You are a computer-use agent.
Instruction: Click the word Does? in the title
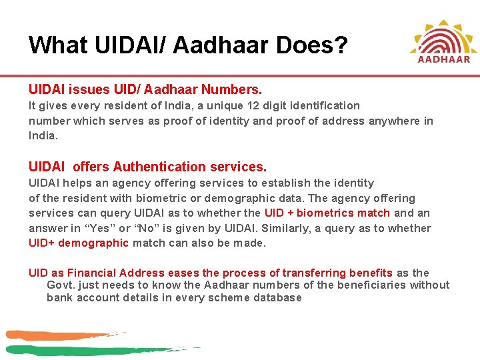315,45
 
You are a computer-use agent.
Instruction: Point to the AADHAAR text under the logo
444,59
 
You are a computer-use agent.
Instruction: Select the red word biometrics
325,213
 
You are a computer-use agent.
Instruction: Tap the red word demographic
93,243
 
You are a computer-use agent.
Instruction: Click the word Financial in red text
95,273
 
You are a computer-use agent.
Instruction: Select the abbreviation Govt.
59,285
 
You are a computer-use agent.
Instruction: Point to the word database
276,297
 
